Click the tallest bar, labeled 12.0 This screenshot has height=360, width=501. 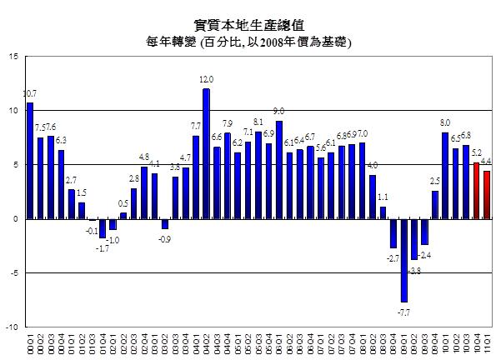206,153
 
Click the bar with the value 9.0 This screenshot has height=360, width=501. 278,170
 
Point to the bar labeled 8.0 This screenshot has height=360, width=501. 445,175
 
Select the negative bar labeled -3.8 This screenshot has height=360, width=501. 413,239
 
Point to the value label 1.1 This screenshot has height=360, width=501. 383,197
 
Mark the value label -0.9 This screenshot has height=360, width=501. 165,237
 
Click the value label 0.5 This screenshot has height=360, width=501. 123,202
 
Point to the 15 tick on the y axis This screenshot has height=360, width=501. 14,57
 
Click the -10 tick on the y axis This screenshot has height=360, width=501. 13,327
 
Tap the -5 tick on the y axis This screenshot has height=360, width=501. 14,273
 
